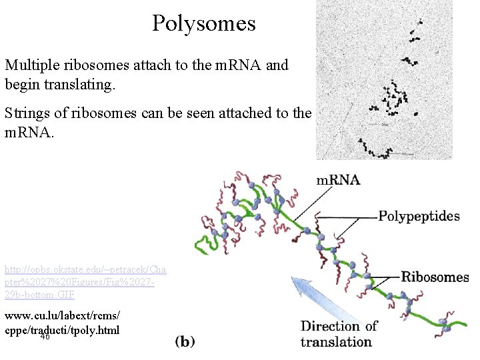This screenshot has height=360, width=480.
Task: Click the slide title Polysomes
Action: (203, 24)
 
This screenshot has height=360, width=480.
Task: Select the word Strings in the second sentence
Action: (25, 113)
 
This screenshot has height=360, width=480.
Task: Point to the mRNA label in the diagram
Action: (337, 180)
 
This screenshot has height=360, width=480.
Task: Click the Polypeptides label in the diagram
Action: (419, 216)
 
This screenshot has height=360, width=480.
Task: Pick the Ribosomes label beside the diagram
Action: (435, 277)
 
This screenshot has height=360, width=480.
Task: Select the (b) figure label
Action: (185, 341)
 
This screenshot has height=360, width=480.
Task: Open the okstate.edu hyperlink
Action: (85, 282)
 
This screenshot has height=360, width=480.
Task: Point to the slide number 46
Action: (45, 337)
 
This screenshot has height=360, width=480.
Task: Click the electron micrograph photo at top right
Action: (383, 80)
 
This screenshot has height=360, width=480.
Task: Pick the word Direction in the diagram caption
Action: (331, 326)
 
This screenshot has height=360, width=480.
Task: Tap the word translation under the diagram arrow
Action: (336, 342)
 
